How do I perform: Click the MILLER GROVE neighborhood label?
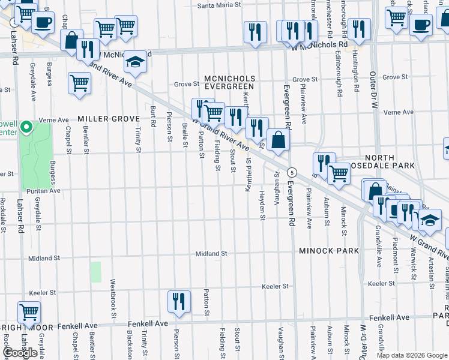[x=109, y=119]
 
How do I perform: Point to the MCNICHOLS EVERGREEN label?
[x=230, y=83]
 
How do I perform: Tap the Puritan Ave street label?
[x=43, y=191]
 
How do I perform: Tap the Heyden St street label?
[x=262, y=206]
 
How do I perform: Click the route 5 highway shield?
[x=291, y=171]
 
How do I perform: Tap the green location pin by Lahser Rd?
[x=26, y=127]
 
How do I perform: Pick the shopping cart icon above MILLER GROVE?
[x=79, y=84]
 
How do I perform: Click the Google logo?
[x=20, y=353]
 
